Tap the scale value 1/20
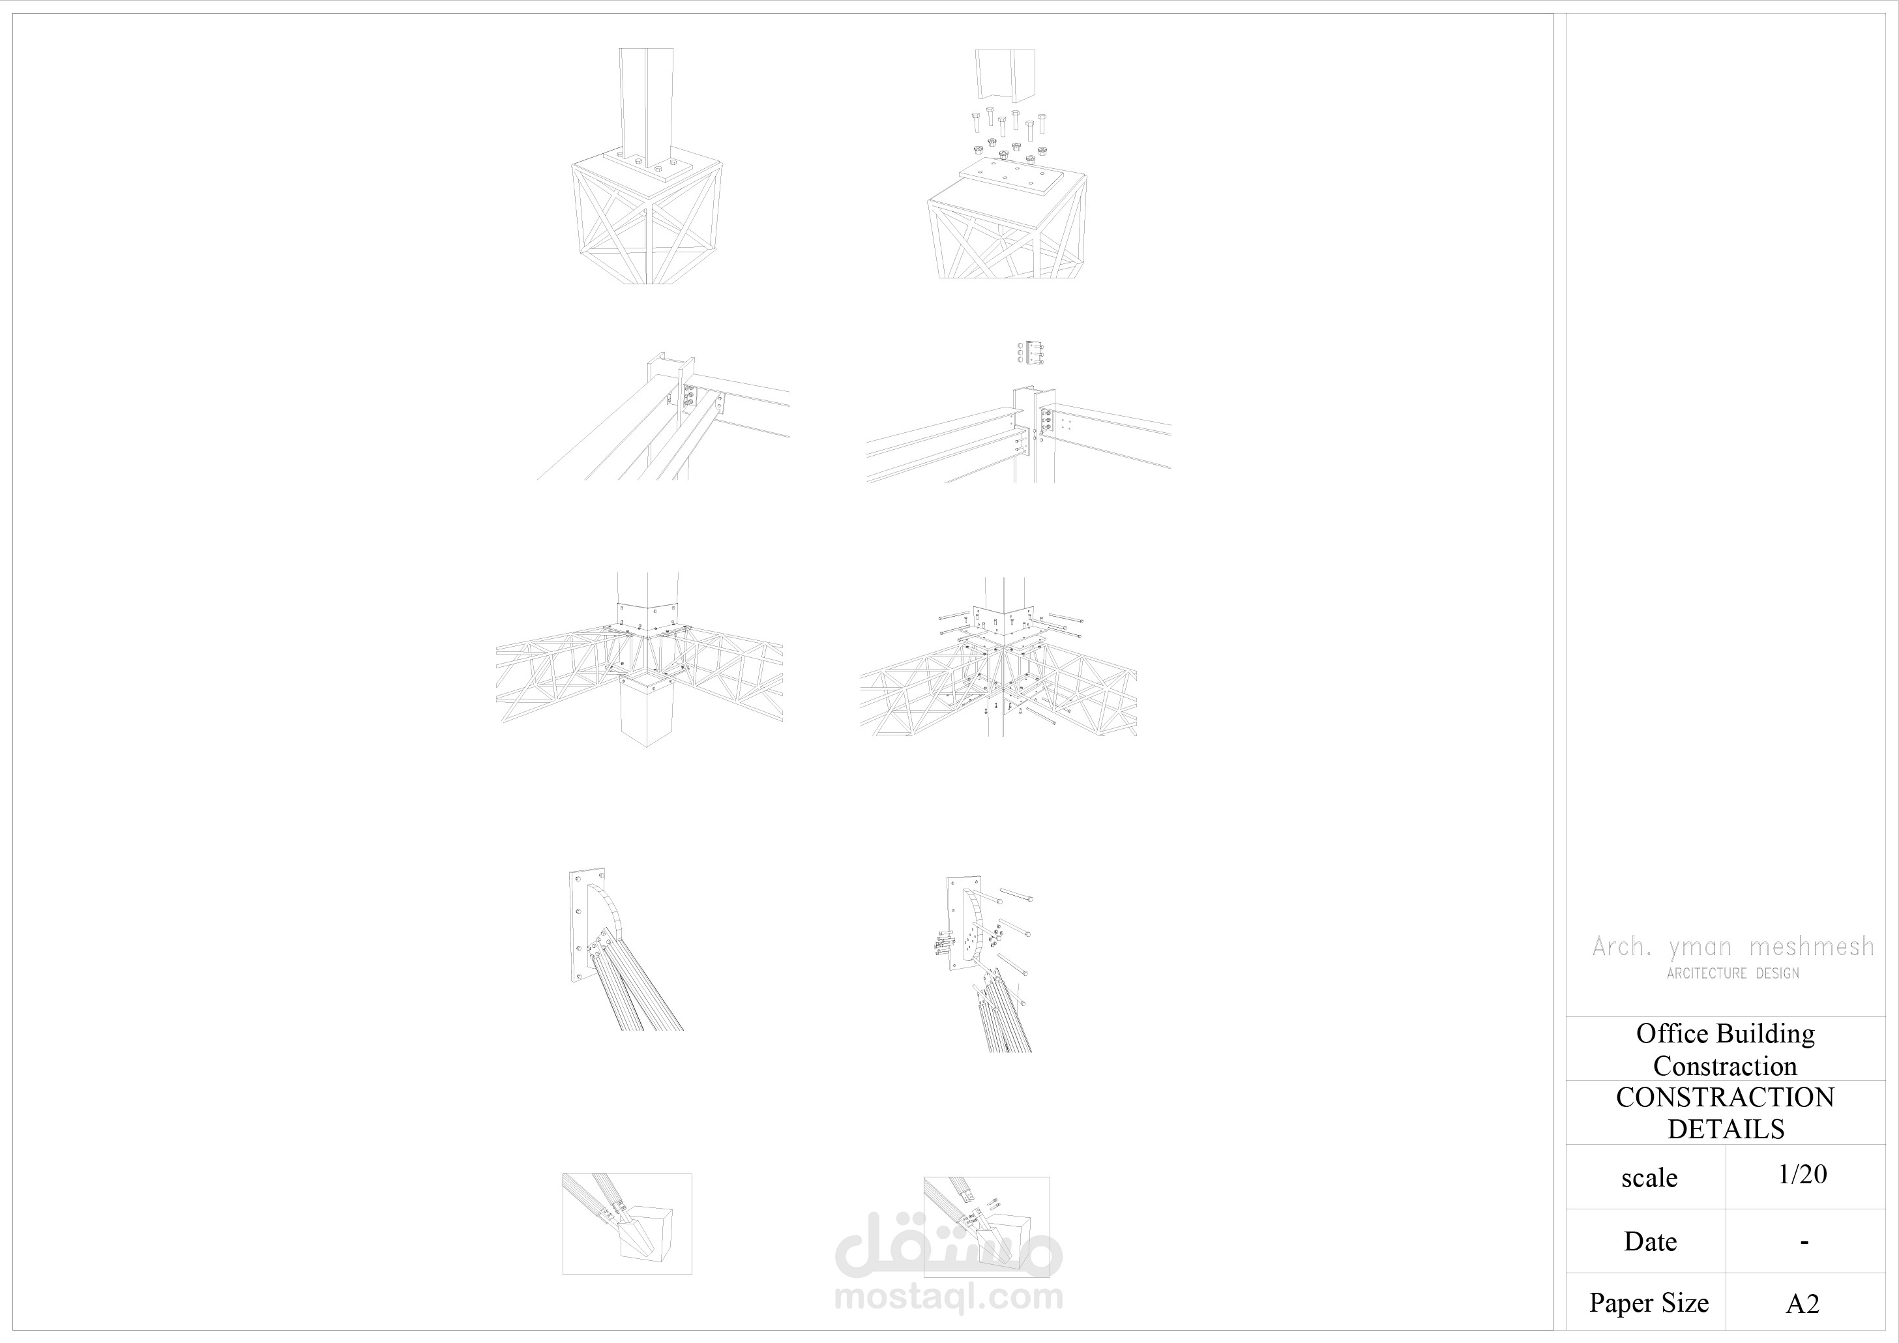tap(1803, 1174)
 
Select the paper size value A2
tap(1803, 1304)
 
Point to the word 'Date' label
tap(1650, 1241)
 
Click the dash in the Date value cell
tap(1804, 1242)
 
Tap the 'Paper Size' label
tap(1649, 1303)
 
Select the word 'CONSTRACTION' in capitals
tap(1726, 1097)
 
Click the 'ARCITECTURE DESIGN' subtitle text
tap(1733, 974)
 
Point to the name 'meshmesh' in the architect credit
tap(1812, 946)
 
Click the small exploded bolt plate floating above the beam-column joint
tap(1031, 352)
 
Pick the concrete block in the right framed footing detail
tap(1008, 1238)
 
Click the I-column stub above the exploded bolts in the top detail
tap(1005, 73)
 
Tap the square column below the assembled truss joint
tap(647, 709)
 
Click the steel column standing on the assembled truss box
tap(646, 104)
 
